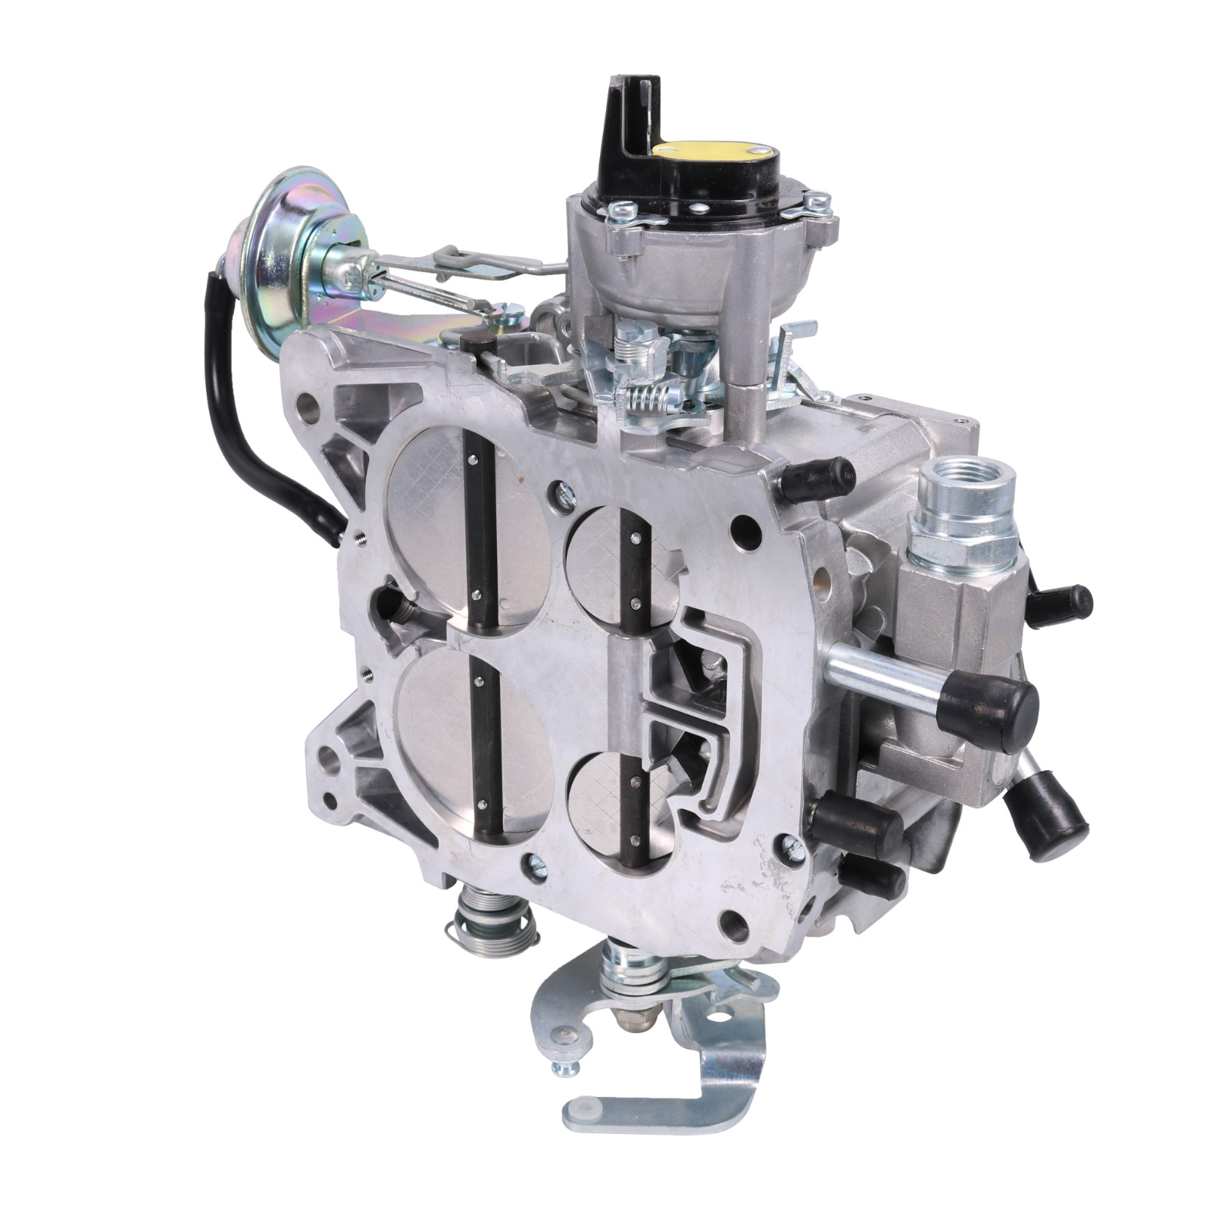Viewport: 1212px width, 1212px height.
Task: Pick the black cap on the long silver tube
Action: pyautogui.click(x=986, y=705)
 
